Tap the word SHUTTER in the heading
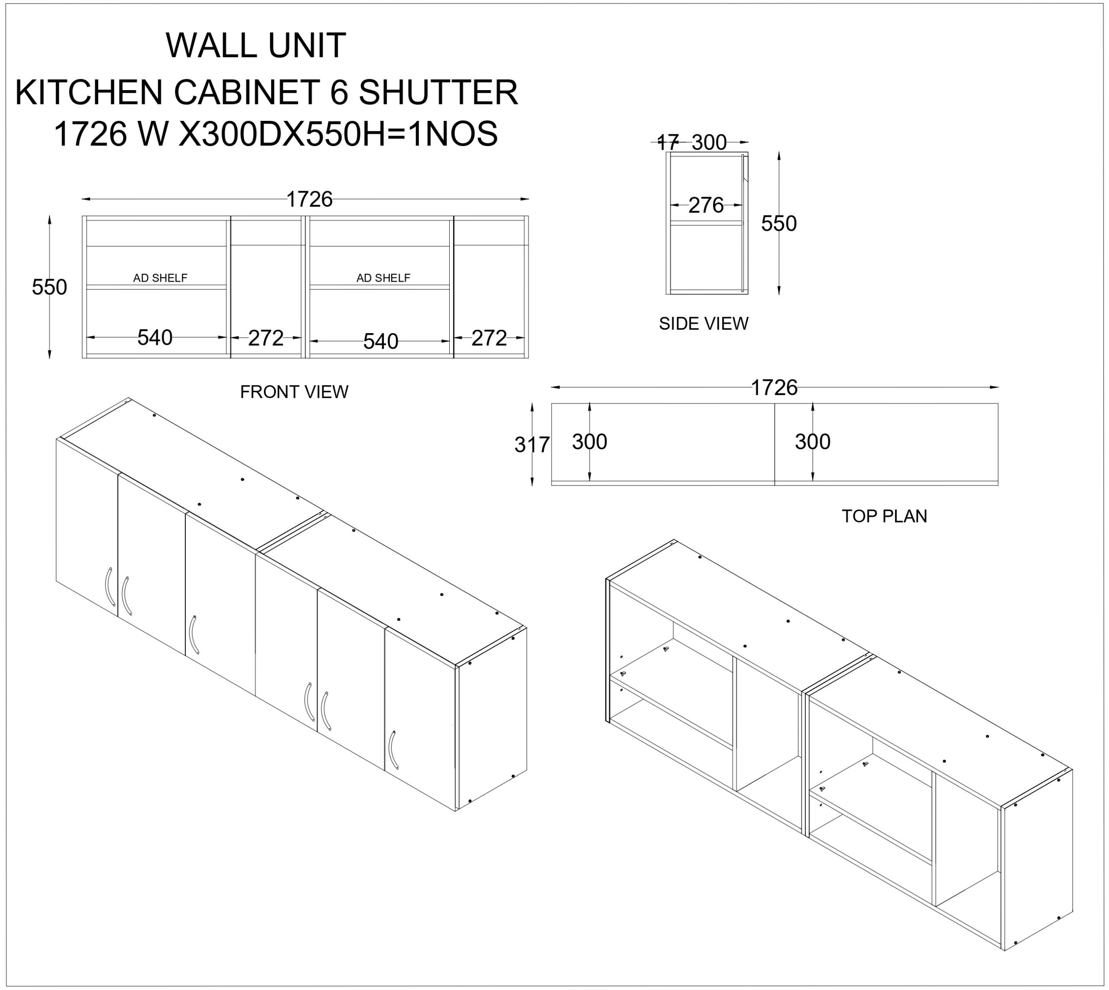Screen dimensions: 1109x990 pos(438,92)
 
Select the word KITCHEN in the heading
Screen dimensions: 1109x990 pos(89,92)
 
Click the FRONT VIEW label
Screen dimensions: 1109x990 pos(294,392)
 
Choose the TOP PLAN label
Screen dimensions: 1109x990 pos(884,516)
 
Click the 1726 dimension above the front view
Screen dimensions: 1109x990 pos(309,200)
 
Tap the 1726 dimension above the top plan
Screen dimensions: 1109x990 pos(774,388)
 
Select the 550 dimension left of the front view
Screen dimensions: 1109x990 pos(49,287)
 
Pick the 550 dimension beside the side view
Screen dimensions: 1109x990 pos(779,224)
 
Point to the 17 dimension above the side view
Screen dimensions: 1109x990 pos(668,143)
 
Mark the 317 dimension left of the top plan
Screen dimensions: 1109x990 pos(532,445)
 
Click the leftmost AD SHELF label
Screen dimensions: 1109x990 pos(160,278)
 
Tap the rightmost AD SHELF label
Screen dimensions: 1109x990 pos(383,278)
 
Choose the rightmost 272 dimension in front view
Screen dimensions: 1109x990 pos(489,338)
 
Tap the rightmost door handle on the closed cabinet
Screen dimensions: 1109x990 pos(393,750)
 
